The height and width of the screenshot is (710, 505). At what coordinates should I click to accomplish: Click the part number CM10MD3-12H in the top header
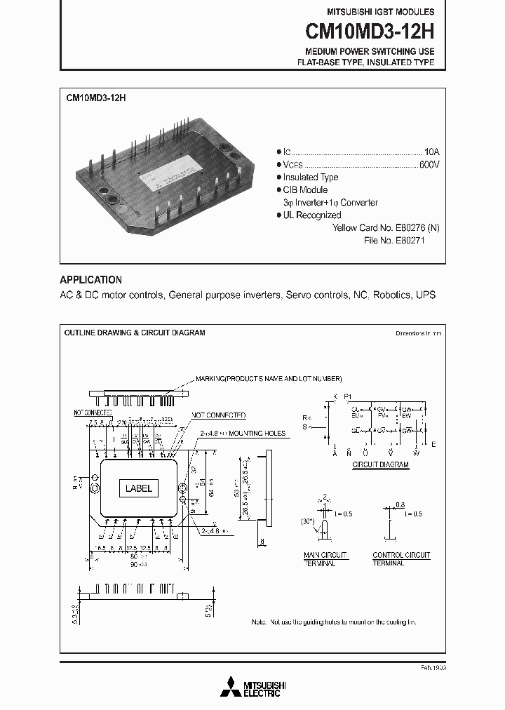pos(369,32)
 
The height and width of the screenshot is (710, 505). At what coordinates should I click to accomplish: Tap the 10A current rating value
pos(432,152)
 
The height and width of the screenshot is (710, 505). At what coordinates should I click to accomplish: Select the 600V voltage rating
pos(429,164)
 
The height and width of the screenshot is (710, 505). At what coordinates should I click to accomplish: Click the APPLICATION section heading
pos(90,279)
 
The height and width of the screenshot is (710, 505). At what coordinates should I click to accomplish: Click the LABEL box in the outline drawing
pos(138,489)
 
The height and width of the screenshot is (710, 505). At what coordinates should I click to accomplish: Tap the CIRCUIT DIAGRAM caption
pos(381,464)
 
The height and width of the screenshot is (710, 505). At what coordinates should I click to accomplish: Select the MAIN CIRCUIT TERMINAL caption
pos(320,559)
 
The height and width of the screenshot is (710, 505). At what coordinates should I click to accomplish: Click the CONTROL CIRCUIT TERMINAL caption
pos(401,559)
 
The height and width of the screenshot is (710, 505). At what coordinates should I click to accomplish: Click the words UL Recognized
pos(312,215)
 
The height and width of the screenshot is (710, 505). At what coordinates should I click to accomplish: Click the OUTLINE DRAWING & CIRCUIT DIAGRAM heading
pos(135,333)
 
